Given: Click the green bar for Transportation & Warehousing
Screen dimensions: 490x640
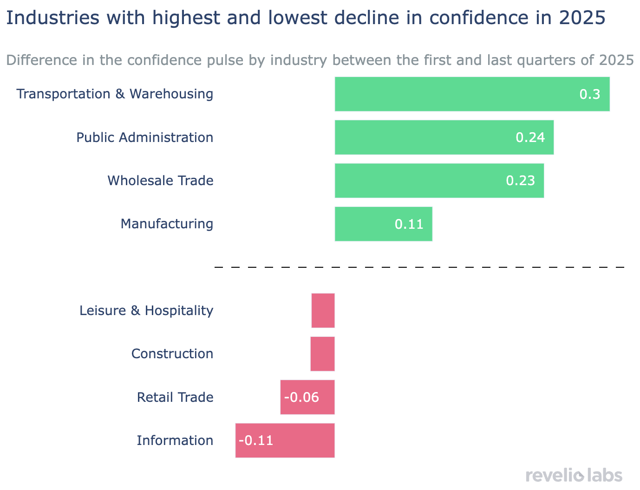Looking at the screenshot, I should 472,94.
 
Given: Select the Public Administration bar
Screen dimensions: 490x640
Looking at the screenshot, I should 444,137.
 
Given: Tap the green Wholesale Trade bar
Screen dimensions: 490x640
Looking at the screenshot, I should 439,181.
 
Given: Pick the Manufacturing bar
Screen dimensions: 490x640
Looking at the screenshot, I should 383,224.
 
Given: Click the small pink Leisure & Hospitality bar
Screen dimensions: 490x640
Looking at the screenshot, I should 323,310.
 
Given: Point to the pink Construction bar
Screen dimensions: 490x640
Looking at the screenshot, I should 322,354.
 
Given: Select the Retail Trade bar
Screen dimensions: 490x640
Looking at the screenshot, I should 307,397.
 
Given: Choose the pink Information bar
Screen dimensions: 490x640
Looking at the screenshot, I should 285,440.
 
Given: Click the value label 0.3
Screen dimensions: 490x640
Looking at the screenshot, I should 590,95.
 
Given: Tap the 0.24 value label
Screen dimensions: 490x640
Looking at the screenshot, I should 530,137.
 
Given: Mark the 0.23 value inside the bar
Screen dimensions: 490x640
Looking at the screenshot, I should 520,181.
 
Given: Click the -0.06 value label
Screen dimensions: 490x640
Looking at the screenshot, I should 302,398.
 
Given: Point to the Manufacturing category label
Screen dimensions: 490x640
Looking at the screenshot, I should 167,224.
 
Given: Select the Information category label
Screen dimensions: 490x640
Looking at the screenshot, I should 175,440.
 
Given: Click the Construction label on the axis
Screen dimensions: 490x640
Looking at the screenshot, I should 172,354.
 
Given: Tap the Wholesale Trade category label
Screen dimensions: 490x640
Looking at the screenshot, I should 160,181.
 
